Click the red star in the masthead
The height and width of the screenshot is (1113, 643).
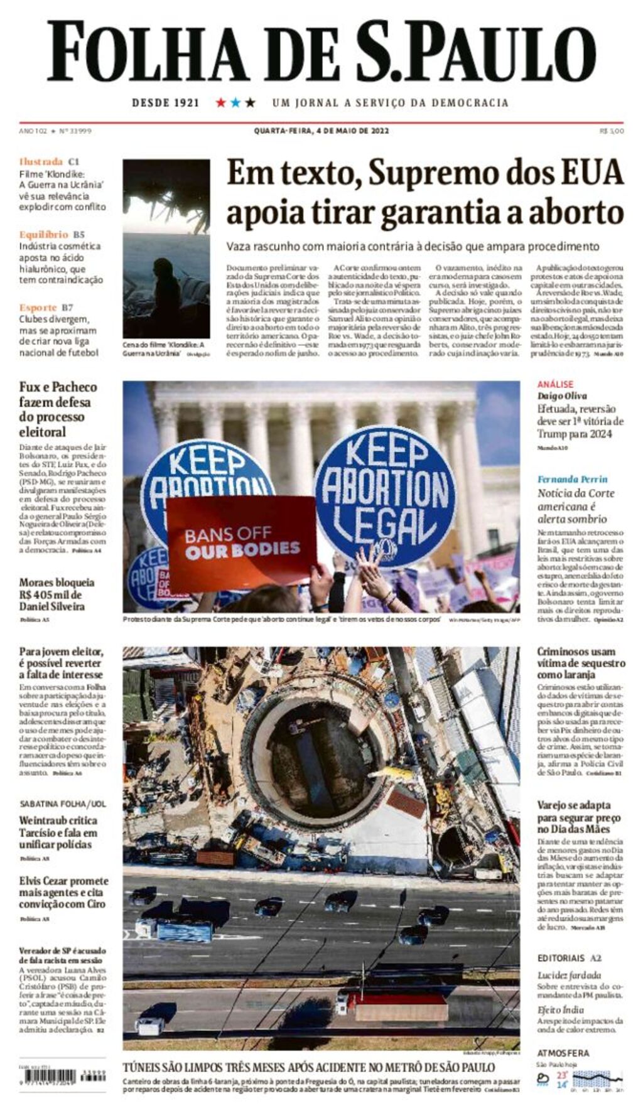221,102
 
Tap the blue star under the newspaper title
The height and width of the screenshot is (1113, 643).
235,102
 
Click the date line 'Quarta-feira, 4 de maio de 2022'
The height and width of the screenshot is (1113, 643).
321,131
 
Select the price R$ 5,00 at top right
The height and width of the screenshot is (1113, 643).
612,131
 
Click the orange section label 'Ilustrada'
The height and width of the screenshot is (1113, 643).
41,161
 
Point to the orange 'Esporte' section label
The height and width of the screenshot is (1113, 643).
38,308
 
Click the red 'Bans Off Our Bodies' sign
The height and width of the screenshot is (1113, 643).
242,543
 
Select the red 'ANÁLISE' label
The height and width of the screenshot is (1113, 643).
555,384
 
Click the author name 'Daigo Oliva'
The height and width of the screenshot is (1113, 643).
562,395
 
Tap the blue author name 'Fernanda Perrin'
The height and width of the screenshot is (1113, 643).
572,479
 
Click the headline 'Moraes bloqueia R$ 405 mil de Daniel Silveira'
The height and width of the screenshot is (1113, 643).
57,594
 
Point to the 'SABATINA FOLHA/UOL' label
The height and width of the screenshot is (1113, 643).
63,804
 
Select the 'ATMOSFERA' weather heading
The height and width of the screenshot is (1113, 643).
563,1053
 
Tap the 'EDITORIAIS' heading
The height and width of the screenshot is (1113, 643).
561,958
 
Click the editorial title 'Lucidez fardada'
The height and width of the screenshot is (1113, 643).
569,975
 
